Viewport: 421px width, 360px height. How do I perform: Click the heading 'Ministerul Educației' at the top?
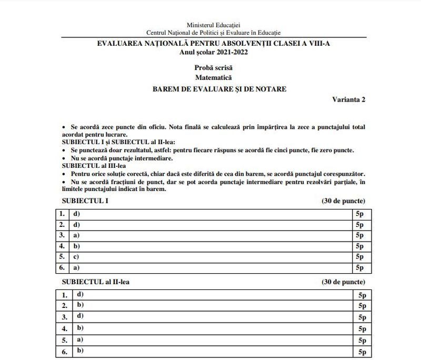pos(213,25)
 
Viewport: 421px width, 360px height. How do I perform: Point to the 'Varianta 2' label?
pos(348,99)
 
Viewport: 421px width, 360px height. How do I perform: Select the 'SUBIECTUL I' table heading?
pos(86,201)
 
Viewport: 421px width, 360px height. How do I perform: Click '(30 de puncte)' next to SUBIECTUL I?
pos(343,201)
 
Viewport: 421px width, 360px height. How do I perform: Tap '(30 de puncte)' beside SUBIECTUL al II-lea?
pos(343,282)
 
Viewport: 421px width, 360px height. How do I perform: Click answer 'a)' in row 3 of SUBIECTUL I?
pos(77,234)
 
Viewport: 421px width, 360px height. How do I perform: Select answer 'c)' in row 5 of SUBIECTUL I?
pos(77,256)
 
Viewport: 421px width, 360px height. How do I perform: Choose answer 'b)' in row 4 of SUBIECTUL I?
pos(77,245)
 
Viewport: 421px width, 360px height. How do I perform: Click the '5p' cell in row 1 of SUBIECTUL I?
pos(360,214)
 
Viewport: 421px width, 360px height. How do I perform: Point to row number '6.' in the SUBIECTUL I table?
pos(62,268)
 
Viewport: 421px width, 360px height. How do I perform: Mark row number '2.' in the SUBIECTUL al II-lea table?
pos(65,306)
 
